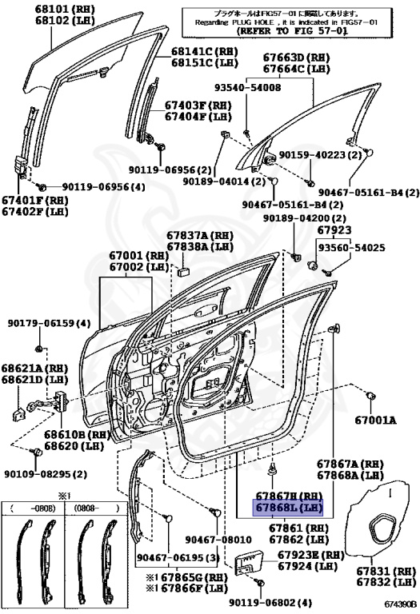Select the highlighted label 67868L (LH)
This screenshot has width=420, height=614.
click(288, 508)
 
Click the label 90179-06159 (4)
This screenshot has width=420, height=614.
click(50, 324)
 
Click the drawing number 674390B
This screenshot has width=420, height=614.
click(400, 607)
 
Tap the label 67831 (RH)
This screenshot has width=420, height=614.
click(386, 572)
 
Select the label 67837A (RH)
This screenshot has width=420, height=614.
click(198, 236)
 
